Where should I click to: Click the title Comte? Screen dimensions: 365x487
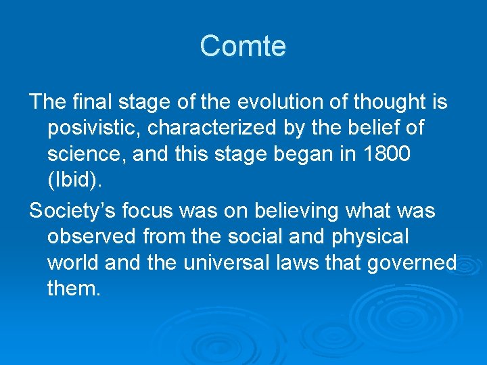tap(243, 46)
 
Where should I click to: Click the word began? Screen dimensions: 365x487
tap(291, 153)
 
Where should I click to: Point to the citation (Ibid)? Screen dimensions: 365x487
tap(73, 179)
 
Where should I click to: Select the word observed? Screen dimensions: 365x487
tap(93, 237)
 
